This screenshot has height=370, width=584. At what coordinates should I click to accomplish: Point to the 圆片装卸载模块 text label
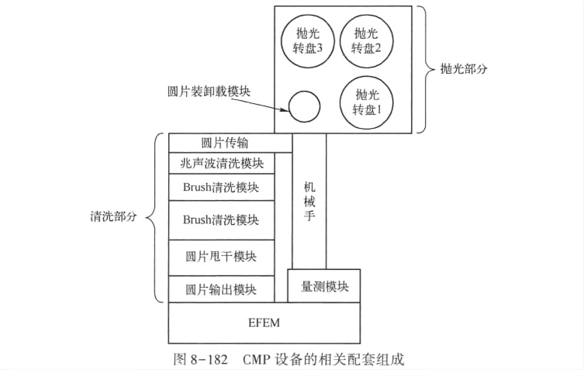pos(209,92)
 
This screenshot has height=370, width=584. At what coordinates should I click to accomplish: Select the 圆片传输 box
pos(230,143)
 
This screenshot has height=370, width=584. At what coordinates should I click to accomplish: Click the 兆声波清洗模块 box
pos(222,163)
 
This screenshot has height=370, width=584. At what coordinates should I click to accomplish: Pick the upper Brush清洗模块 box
pos(222,187)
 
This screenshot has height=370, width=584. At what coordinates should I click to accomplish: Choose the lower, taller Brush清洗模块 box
pos(222,220)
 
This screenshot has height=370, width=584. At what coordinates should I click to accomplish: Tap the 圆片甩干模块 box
pos(222,258)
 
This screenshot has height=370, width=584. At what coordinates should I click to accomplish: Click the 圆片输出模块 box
pos(222,289)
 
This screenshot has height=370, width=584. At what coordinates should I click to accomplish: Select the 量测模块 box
pos(324,285)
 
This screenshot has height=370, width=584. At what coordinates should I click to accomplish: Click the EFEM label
pos(264,323)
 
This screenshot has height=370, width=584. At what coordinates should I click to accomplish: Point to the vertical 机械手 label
pos(309,201)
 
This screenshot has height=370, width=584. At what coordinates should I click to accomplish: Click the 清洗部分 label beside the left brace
pos(113,216)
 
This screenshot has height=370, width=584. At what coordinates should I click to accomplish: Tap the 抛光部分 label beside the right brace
pos(464,68)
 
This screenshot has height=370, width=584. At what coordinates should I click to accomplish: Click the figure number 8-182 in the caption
pos(209,360)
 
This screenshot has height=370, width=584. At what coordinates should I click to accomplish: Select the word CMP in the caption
pos(257,360)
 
